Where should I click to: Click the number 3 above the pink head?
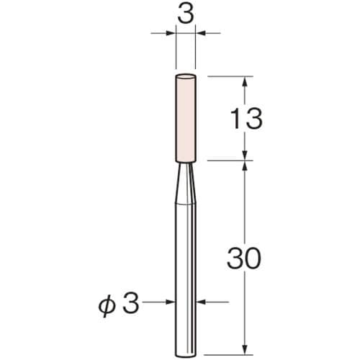(186, 14)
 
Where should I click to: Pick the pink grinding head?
(186, 119)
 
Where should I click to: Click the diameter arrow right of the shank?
(202, 303)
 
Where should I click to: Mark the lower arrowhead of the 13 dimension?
(246, 155)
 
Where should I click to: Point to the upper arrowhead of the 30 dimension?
(246, 167)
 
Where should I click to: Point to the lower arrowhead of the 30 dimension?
(246, 346)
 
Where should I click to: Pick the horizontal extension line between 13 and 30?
(230, 161)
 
